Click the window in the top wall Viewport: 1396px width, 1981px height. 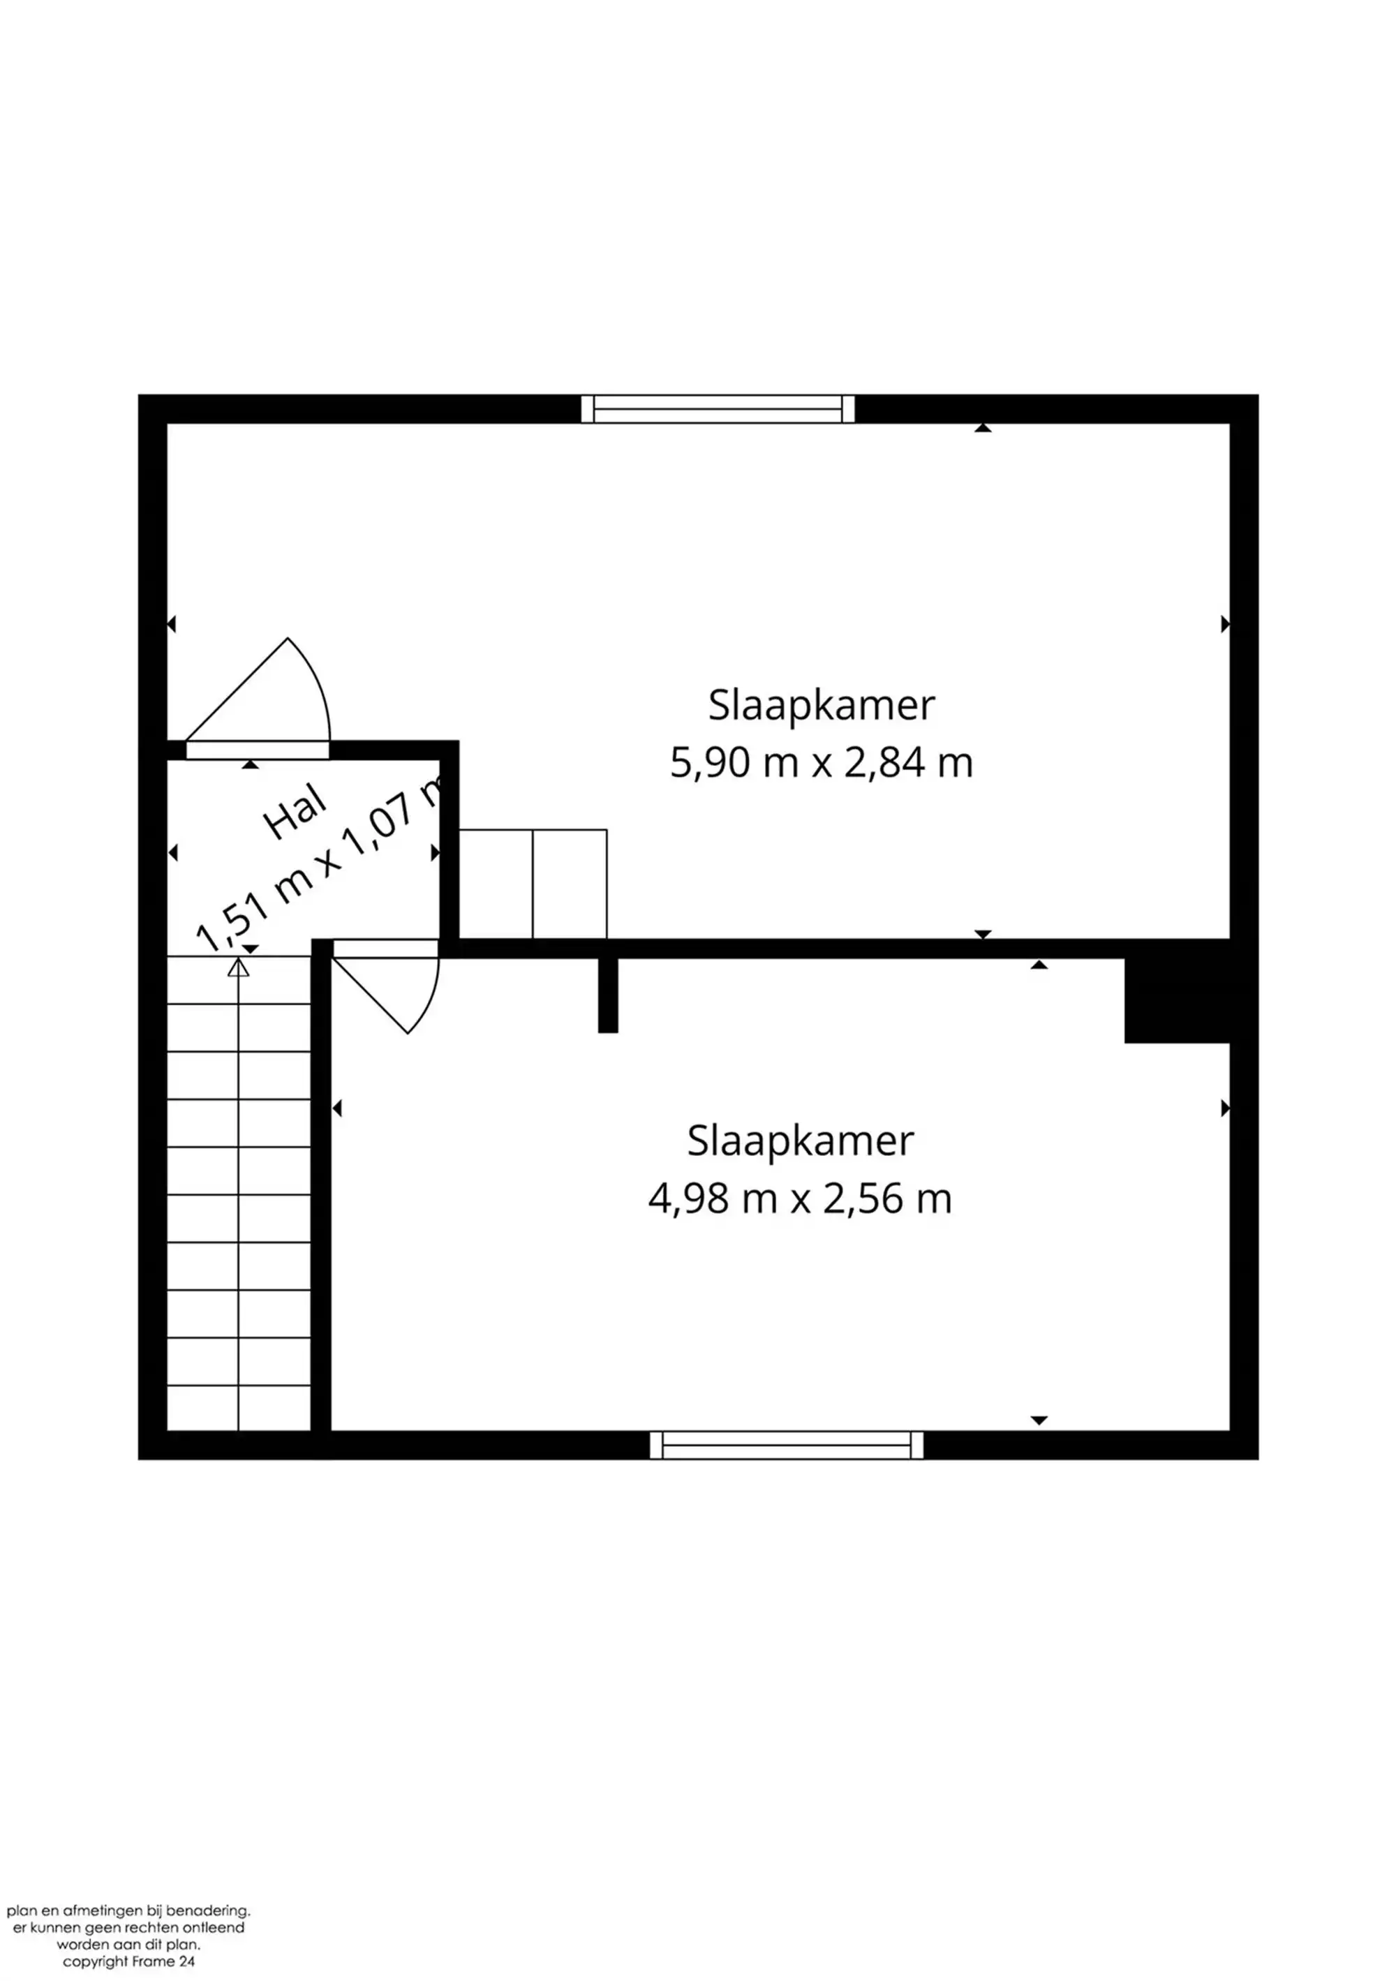(x=717, y=409)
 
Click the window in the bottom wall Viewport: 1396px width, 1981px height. (x=786, y=1444)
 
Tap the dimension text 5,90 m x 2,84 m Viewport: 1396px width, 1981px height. (x=821, y=763)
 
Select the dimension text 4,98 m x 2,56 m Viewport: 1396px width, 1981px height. (x=799, y=1199)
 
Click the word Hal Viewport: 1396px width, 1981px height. (x=295, y=812)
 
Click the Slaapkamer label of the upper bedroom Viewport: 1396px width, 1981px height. (x=821, y=705)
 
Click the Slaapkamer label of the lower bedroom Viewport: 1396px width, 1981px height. (x=799, y=1141)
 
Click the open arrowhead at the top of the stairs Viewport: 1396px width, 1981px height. (x=238, y=967)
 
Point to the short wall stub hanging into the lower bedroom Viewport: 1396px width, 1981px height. (x=608, y=994)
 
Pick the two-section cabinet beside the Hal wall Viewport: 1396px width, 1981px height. (x=533, y=884)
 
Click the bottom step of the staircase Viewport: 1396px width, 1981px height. (x=238, y=1407)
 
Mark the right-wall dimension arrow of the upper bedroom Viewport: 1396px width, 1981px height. (x=1225, y=624)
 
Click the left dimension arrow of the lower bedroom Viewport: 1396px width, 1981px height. (x=336, y=1108)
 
